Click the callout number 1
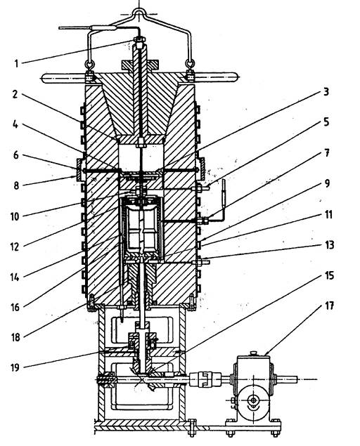tap(16, 63)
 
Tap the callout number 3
tap(326, 91)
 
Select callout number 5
tap(326, 122)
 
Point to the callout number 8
tap(16, 185)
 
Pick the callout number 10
tap(15, 216)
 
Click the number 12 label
tap(15, 247)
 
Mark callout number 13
tap(329, 245)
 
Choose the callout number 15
tap(329, 275)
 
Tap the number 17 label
tap(329, 306)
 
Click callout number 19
tap(15, 367)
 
